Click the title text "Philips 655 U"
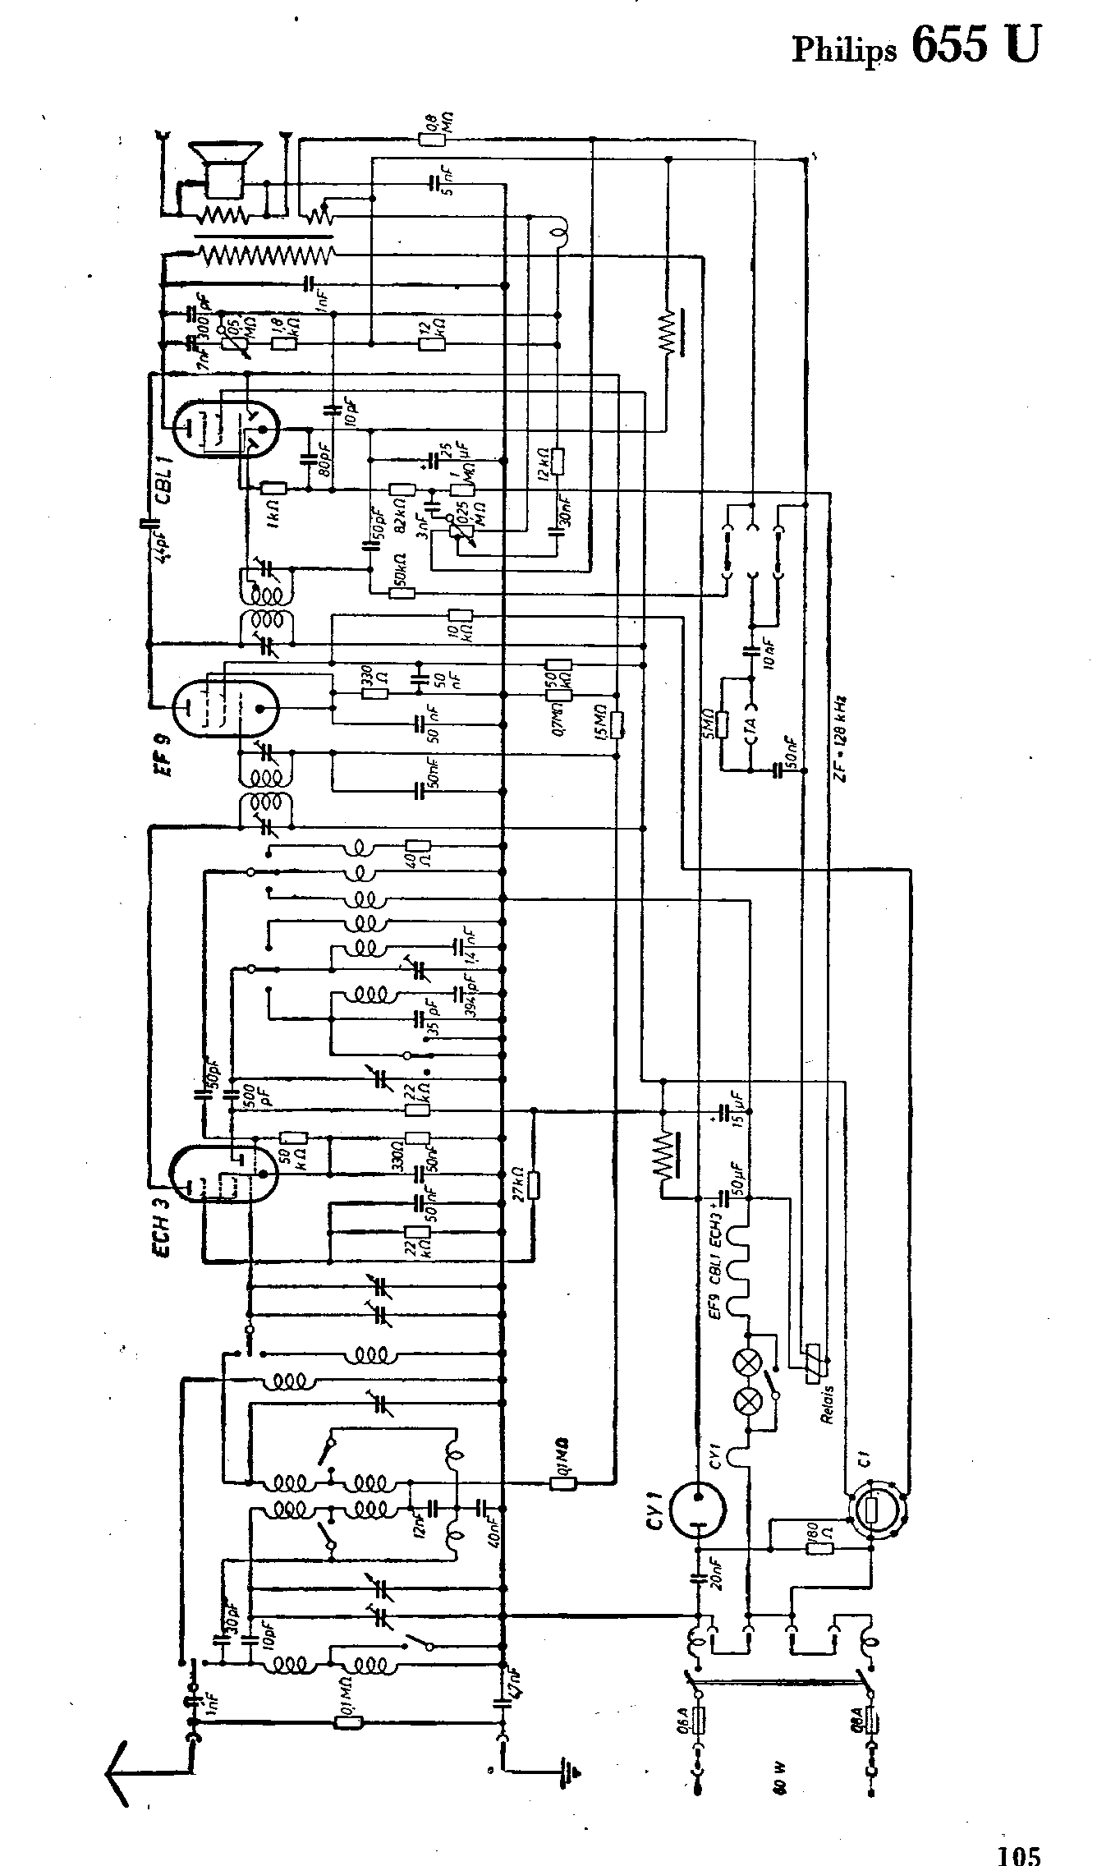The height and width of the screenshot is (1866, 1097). pyautogui.click(x=915, y=46)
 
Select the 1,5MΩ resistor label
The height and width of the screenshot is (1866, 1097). pyautogui.click(x=601, y=722)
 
